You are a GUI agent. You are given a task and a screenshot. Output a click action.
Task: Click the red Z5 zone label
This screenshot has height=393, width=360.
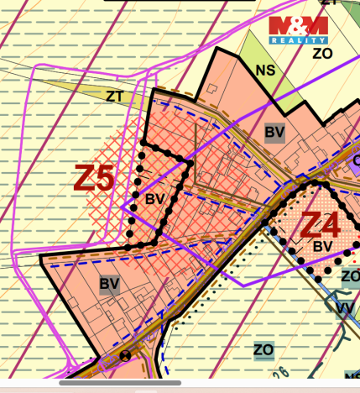point(94,178)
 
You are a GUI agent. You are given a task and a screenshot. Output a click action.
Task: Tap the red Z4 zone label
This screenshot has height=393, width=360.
point(320,225)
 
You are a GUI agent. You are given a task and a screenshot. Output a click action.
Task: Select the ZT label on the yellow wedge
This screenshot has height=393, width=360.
point(114,97)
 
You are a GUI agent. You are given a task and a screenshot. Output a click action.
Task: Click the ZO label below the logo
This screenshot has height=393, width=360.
point(322,53)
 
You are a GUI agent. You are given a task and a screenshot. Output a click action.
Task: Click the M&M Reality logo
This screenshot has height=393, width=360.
point(298,29)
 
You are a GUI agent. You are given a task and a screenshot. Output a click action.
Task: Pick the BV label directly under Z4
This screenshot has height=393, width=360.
point(322,247)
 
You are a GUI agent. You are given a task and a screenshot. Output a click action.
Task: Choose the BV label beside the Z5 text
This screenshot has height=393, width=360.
point(153,199)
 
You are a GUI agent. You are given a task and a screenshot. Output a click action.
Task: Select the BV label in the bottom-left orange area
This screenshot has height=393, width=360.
point(109,284)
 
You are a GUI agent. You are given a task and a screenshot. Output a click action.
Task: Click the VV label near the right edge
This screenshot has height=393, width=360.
point(344,308)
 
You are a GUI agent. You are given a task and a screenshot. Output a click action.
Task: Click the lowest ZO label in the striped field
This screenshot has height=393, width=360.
point(263,348)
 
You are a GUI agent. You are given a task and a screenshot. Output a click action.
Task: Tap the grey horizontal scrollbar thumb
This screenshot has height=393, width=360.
point(121,383)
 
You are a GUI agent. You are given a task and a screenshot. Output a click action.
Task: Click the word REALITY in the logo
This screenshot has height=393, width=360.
point(298,39)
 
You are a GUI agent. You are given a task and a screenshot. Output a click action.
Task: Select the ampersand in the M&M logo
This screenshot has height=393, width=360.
point(298,25)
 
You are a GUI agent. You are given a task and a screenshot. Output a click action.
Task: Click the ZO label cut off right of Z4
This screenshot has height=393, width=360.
point(350,275)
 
